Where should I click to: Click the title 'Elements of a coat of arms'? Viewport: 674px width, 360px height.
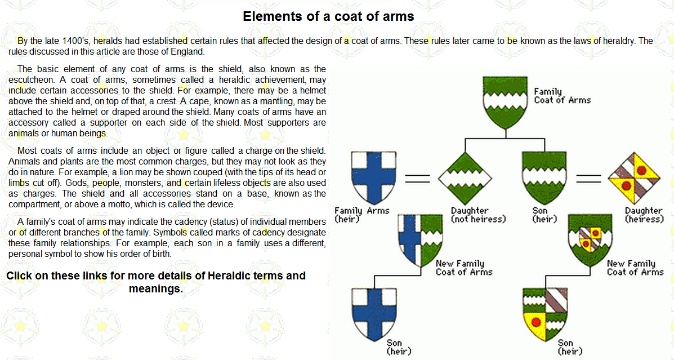328,16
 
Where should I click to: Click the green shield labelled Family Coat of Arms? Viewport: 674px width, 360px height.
505,103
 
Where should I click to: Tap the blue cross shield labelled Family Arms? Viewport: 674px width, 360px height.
373,177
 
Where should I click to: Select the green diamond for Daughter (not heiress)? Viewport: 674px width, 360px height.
465,178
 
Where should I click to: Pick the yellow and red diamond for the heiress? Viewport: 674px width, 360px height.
634,178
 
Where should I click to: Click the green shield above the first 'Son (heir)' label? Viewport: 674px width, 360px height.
544,177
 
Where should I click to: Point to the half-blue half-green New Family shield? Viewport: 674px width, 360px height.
420,240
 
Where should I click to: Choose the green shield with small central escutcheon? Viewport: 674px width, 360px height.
590,240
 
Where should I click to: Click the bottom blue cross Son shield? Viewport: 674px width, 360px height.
374,314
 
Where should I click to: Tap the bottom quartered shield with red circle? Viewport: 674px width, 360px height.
545,314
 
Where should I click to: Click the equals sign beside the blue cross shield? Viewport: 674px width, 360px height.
417,178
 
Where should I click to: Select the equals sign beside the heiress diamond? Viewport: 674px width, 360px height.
588,178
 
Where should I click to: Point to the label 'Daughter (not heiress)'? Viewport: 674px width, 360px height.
478,215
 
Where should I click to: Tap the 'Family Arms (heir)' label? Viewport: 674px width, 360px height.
362,215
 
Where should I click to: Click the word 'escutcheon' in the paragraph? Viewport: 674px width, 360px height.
32,80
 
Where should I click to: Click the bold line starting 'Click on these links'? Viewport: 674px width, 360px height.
156,282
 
